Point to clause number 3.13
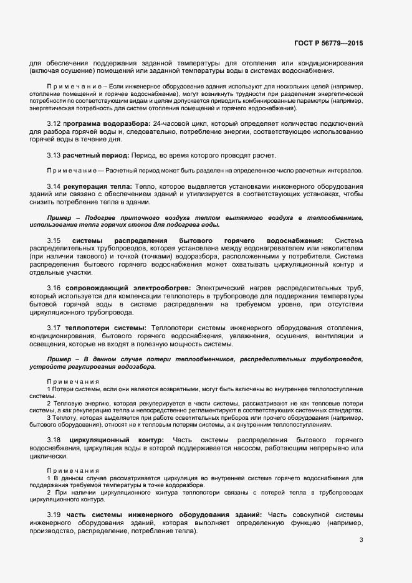pos(54,155)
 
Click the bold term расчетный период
pos(96,155)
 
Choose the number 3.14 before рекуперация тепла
pos(54,186)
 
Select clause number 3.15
pos(54,240)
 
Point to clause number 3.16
pos(54,287)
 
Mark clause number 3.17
pos(54,327)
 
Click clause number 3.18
pos(54,440)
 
